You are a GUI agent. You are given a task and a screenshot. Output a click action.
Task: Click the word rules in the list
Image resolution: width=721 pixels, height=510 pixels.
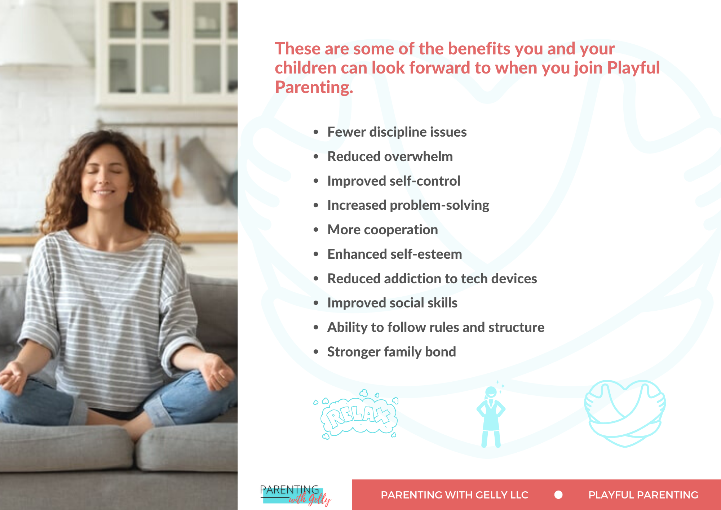coord(444,327)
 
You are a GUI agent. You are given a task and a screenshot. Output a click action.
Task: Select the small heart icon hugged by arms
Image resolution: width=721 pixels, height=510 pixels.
coord(625,413)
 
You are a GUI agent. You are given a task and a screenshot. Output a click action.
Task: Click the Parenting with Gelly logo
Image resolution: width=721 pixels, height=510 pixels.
coord(295,495)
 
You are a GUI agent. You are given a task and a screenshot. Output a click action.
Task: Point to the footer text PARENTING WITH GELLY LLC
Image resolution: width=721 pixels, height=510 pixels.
coord(454,495)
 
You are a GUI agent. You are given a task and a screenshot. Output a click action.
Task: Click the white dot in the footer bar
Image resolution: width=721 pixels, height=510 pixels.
coord(558,495)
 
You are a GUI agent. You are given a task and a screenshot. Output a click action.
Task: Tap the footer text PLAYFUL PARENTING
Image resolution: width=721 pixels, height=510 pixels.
coord(643,495)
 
